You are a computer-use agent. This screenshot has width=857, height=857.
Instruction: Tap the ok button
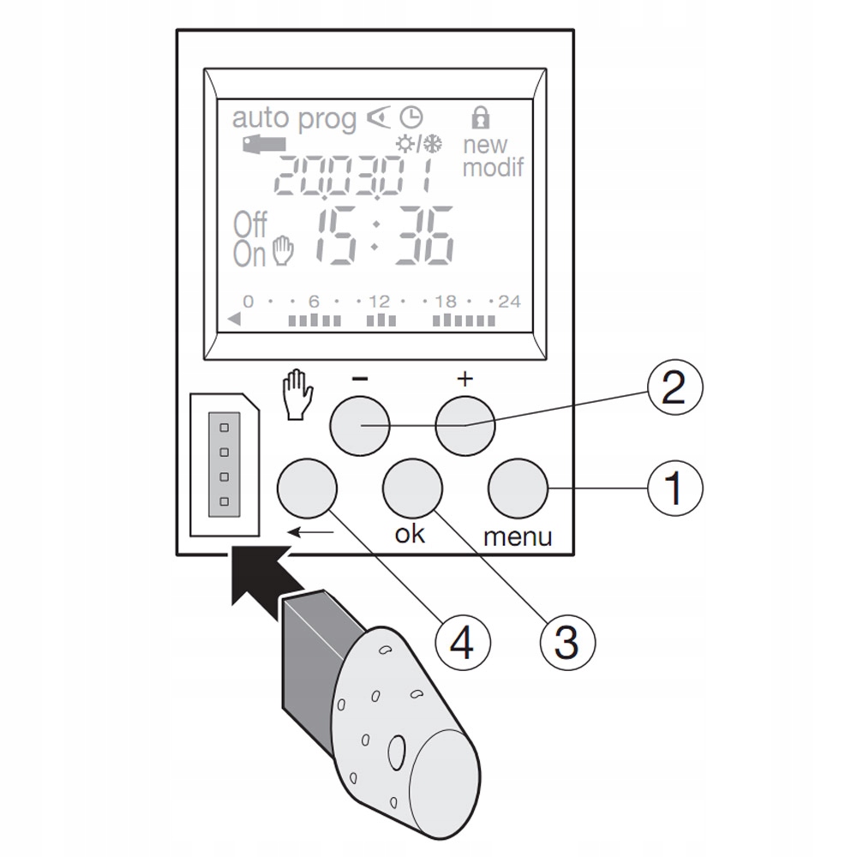(x=412, y=489)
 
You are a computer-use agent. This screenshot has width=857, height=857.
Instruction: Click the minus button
(x=360, y=426)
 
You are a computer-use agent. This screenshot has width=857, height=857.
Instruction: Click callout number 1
(x=674, y=489)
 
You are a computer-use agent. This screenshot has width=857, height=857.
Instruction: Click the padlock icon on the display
(x=482, y=117)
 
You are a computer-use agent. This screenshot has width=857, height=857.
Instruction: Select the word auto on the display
(x=261, y=119)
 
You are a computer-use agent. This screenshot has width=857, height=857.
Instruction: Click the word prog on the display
(x=327, y=121)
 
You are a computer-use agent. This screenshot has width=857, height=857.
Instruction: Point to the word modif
(x=493, y=167)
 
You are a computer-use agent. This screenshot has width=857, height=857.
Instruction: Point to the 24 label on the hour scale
(x=509, y=302)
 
